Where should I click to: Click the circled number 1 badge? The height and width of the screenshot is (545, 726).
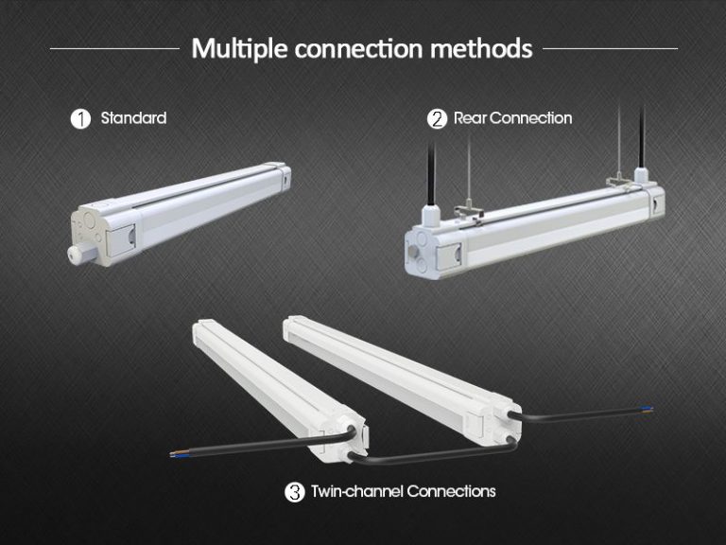(81, 119)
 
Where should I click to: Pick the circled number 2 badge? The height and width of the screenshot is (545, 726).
(437, 119)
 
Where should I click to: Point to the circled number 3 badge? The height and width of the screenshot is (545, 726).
(294, 492)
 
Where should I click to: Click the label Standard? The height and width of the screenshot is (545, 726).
(133, 118)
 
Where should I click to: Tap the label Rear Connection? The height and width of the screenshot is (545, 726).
(512, 118)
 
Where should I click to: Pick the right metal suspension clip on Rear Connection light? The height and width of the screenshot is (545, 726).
(618, 177)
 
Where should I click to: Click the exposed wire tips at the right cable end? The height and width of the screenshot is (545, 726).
(648, 410)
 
